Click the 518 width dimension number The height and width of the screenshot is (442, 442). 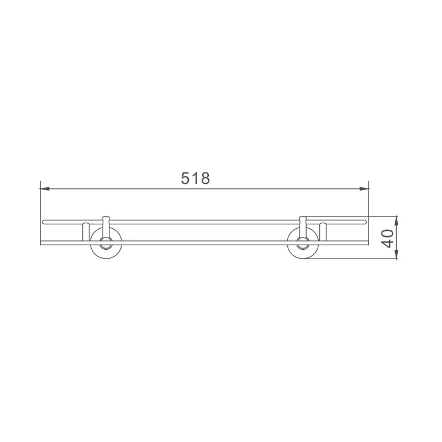coord(196,178)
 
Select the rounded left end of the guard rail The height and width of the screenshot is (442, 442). coord(44,222)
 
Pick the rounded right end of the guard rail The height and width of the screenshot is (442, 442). coord(365,222)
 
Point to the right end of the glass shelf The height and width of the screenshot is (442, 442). coord(367,242)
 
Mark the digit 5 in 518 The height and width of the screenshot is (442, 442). coord(186,178)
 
